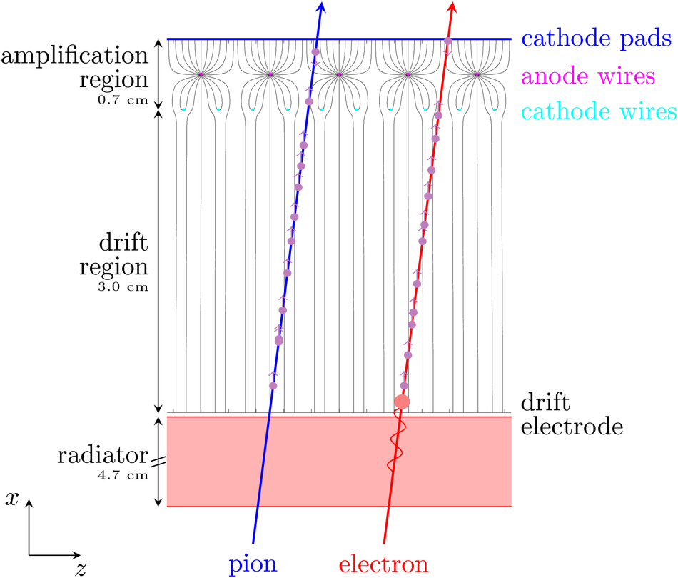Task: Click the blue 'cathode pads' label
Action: (596, 39)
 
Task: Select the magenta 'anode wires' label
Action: (588, 76)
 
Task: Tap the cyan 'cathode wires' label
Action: (599, 111)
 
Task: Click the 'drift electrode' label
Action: (572, 414)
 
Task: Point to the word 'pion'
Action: (253, 564)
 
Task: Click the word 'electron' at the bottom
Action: (383, 564)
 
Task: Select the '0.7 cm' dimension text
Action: (123, 100)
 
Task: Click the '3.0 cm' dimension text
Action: (123, 286)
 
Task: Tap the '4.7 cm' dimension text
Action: (123, 475)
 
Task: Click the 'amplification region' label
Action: (75, 68)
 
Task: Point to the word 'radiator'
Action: (103, 456)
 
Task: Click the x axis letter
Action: (12, 499)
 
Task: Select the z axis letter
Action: (81, 569)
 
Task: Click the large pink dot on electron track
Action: (402, 402)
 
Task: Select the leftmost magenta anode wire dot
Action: (201, 74)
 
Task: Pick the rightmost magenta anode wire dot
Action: (477, 74)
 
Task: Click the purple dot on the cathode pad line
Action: (448, 41)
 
